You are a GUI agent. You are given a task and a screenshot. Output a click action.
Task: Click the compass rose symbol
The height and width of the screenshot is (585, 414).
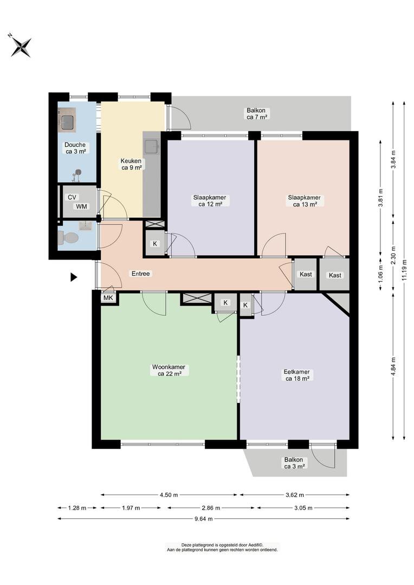pos(20,46)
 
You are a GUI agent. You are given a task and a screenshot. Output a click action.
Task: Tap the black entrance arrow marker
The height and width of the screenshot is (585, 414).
pos(74,277)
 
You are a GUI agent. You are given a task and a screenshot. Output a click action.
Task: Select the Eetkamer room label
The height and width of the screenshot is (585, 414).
pos(297,375)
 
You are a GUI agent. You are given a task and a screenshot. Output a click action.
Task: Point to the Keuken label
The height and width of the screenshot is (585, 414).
pos(131,164)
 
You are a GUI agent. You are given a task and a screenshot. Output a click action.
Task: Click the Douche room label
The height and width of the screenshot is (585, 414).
pos(75,148)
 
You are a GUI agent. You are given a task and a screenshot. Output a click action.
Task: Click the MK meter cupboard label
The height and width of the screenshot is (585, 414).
pos(108,297)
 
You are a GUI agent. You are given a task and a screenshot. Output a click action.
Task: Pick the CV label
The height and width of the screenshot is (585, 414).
pos(72,198)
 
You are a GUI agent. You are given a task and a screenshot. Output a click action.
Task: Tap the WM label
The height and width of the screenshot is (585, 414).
pos(81,206)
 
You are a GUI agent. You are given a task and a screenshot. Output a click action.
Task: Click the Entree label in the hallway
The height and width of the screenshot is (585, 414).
pos(140,274)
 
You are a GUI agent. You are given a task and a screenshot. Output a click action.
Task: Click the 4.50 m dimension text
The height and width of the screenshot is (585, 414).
pos(169,495)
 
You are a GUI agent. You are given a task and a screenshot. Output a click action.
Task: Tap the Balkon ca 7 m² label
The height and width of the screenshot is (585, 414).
pos(257,113)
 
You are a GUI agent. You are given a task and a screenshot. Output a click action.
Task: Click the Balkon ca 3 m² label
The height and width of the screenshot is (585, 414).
pos(295,463)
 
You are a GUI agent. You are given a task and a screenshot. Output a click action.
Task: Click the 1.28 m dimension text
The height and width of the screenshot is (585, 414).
pos(77,508)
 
